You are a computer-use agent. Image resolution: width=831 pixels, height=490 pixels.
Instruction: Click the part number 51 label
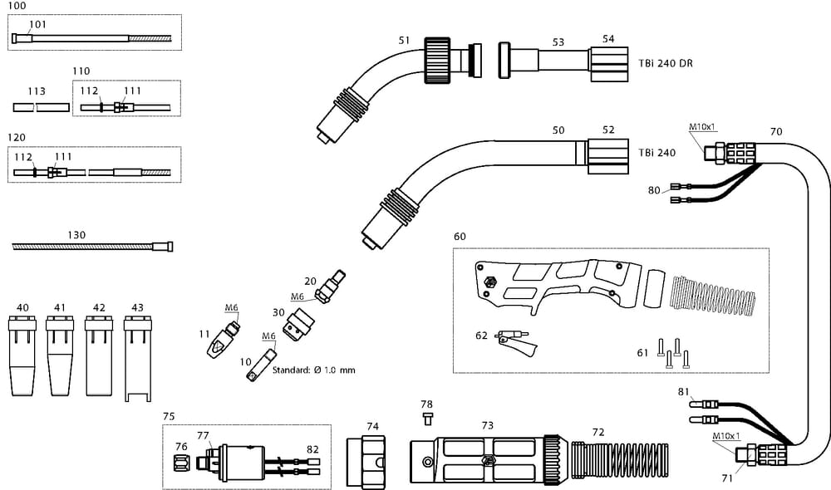(x=405, y=39)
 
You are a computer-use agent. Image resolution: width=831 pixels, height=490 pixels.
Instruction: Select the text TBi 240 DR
(x=666, y=63)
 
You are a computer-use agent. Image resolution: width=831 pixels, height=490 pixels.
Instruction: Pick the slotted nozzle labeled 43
(x=137, y=357)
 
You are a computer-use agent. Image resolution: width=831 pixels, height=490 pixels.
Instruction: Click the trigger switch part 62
(x=514, y=341)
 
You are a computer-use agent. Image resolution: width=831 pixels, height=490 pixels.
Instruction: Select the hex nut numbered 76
(x=182, y=460)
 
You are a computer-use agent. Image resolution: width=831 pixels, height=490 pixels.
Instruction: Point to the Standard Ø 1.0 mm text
(x=313, y=370)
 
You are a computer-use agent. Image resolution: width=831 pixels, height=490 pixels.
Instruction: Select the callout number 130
(x=76, y=235)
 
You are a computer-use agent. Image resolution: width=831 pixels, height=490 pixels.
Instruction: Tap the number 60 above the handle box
(x=460, y=236)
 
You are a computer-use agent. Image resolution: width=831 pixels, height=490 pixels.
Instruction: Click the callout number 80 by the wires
(x=654, y=189)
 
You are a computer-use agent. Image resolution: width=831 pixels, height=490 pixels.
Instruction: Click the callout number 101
(x=39, y=24)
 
